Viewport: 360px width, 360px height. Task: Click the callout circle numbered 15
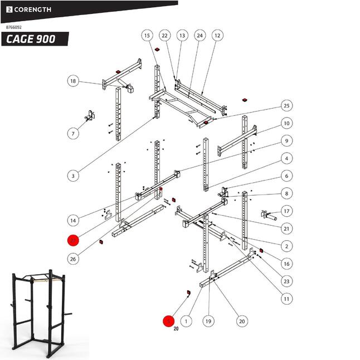tap(147, 35)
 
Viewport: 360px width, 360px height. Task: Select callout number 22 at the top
tap(164, 35)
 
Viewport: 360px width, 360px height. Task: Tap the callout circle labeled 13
tap(182, 35)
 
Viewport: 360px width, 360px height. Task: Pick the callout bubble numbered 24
tap(200, 35)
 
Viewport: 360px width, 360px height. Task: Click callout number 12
tap(217, 35)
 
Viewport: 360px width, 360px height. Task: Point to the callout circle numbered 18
tap(73, 81)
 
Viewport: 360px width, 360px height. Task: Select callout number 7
tap(73, 133)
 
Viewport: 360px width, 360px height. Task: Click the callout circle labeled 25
tap(286, 106)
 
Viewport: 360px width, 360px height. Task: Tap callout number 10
tap(286, 123)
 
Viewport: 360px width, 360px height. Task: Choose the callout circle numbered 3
tap(72, 176)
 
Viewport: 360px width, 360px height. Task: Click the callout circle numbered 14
tap(73, 219)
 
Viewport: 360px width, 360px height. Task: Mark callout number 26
tap(73, 259)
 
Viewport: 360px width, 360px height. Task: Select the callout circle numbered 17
tap(286, 211)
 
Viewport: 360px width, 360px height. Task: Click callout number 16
tap(286, 264)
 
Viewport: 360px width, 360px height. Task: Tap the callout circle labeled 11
tap(286, 299)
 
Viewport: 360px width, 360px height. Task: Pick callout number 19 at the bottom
tap(208, 321)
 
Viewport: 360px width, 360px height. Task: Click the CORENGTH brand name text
tap(32, 9)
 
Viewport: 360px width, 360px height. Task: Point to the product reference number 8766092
tap(14, 26)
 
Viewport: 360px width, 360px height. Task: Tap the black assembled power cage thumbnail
tap(38, 314)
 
